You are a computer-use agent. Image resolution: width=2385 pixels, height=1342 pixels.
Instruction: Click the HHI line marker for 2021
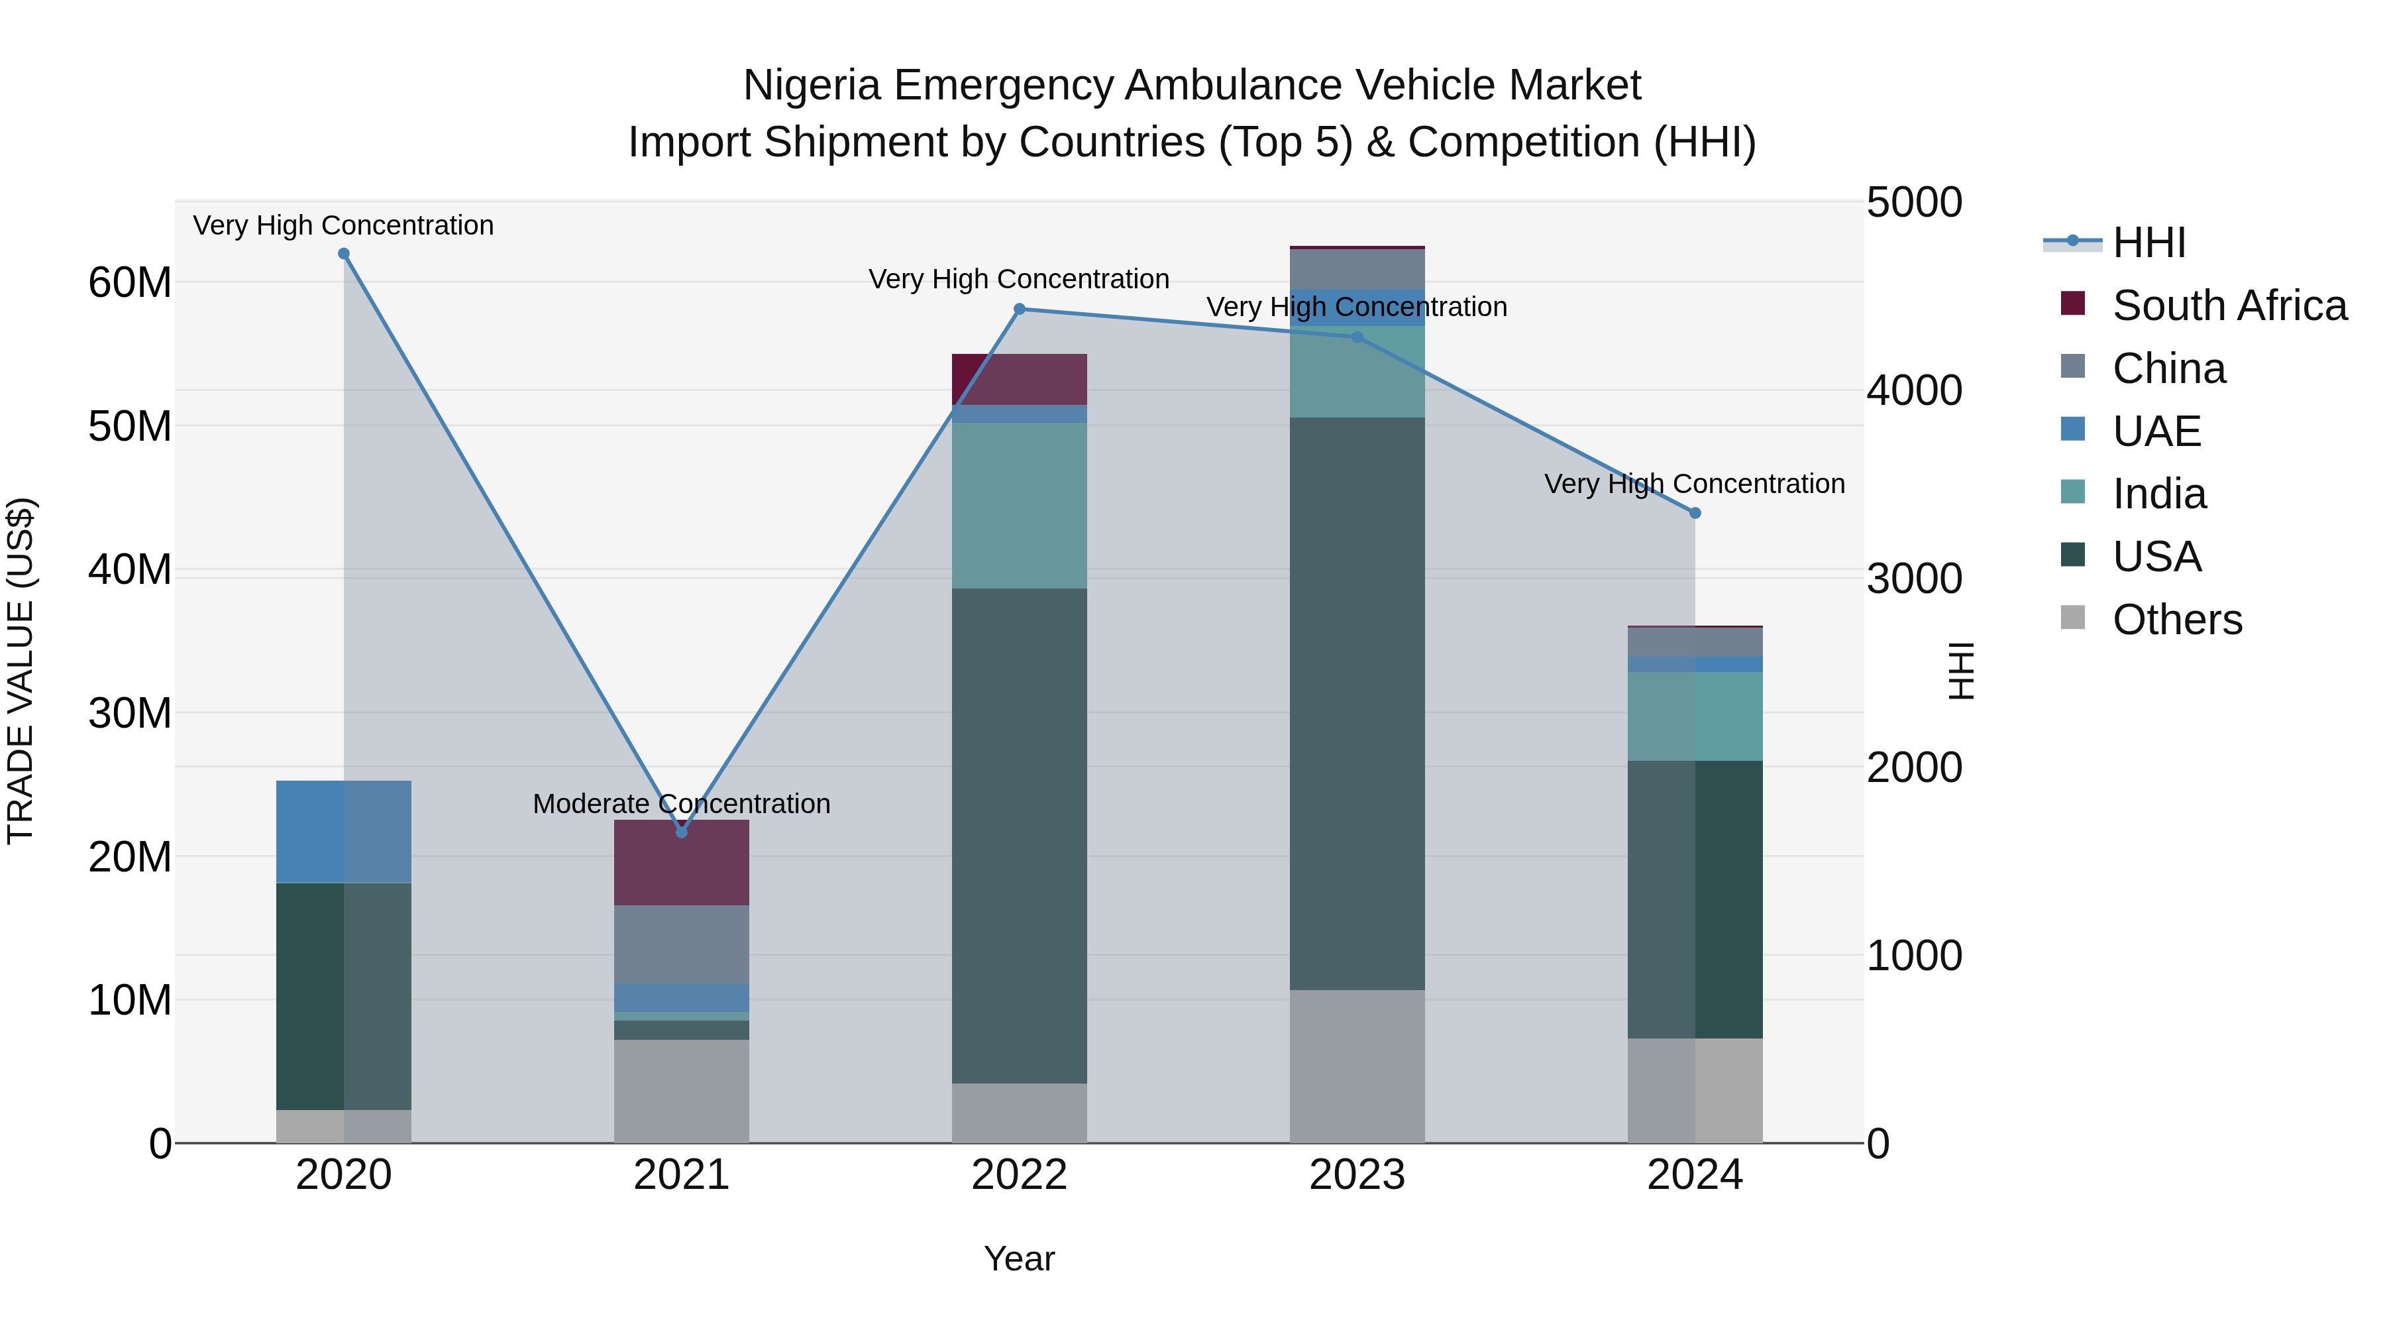[x=682, y=832]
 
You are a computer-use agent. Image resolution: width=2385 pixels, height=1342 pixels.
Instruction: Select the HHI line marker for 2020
[x=343, y=254]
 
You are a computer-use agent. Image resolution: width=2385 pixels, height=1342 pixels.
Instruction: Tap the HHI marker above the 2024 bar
[x=1695, y=513]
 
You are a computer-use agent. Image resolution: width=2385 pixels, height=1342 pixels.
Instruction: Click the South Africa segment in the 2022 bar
[x=1020, y=379]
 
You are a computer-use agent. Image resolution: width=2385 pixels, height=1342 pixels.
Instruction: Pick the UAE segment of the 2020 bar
[x=343, y=832]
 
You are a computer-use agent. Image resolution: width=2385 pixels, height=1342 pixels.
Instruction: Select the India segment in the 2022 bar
[x=1020, y=506]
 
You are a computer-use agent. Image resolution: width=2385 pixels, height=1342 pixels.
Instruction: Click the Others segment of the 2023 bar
[x=1357, y=1066]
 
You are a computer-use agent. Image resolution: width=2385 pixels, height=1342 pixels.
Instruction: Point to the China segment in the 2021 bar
[x=682, y=944]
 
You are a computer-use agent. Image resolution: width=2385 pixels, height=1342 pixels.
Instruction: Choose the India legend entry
[x=2158, y=494]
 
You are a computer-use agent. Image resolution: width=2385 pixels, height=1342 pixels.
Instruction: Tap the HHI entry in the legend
[x=2148, y=243]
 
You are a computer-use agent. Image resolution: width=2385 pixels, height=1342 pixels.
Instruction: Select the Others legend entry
[x=2176, y=620]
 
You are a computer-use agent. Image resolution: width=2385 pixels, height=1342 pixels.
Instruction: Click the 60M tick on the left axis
[x=130, y=282]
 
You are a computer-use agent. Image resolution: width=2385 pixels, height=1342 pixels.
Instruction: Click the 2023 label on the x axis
[x=1357, y=1175]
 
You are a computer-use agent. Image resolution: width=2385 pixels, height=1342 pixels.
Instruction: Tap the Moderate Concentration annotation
[x=682, y=804]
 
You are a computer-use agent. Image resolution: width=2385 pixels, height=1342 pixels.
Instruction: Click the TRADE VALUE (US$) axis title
[x=21, y=671]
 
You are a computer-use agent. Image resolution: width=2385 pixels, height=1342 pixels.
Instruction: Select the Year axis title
[x=1020, y=1258]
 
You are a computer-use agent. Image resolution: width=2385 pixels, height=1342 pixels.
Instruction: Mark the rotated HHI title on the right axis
[x=1961, y=671]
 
